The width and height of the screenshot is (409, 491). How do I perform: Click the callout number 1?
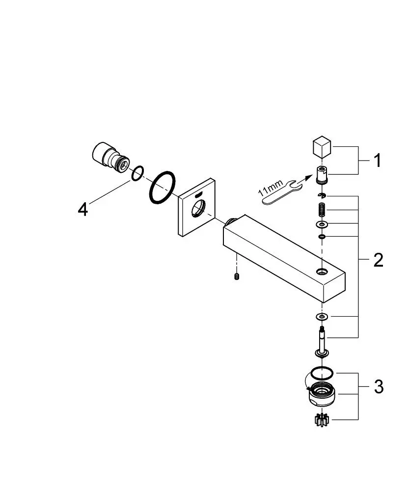378,161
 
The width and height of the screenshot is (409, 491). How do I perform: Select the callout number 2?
378,260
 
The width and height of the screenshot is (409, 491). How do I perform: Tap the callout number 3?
379,387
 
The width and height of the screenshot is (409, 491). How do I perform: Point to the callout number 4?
83,209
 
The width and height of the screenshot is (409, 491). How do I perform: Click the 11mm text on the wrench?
271,188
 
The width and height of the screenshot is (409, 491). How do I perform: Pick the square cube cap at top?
322,146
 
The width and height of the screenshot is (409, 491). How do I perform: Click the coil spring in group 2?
322,210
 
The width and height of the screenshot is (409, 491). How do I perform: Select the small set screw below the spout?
237,276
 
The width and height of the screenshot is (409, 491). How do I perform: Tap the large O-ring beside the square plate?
162,188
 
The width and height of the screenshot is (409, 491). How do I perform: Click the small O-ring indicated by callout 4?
138,173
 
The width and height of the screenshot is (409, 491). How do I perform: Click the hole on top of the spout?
321,272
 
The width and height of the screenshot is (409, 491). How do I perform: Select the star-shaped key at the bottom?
322,420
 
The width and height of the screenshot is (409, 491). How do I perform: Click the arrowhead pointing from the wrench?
309,177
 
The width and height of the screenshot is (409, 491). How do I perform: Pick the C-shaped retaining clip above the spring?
322,196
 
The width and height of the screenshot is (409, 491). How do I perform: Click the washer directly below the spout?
322,317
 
